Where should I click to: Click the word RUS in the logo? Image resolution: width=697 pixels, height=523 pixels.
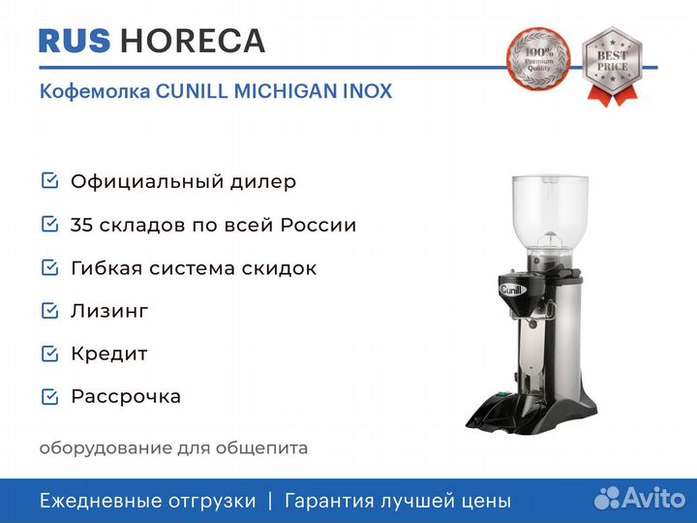(75, 41)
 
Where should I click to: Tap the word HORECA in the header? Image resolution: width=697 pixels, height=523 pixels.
(193, 41)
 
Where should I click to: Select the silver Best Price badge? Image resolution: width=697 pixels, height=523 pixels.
(612, 66)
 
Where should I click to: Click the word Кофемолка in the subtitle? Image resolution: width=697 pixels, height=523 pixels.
(95, 91)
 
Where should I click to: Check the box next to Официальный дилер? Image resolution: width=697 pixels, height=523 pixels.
(49, 180)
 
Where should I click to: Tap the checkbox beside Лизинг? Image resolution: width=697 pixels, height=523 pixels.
(49, 311)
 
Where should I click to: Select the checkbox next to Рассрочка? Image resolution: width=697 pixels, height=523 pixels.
(49, 396)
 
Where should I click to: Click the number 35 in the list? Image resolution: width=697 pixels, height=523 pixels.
(81, 225)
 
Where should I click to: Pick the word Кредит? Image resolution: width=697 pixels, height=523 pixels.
(109, 354)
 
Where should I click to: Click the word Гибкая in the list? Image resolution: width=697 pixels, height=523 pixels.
(106, 268)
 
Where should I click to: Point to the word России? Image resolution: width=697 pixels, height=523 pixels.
(318, 225)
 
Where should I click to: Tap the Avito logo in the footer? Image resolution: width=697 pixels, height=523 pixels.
(640, 499)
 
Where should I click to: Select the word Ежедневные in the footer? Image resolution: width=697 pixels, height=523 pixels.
(99, 501)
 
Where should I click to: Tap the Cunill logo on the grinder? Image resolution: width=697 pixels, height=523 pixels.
(512, 290)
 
